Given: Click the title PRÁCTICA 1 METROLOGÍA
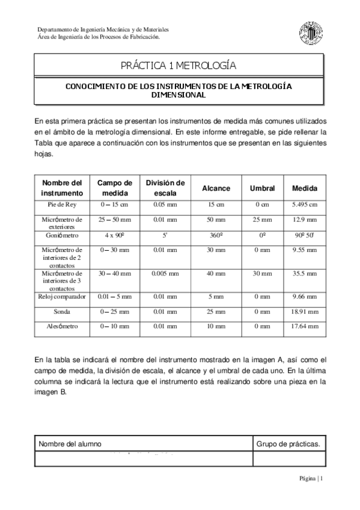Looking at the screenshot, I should [179, 65].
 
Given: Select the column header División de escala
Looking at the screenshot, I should [165, 188].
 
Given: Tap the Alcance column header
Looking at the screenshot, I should [216, 188].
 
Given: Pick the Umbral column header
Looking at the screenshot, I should [262, 188].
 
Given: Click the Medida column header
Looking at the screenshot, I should [305, 188].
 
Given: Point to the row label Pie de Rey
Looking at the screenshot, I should [63, 204].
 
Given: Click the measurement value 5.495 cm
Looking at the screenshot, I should [305, 204].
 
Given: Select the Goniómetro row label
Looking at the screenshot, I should [63, 236].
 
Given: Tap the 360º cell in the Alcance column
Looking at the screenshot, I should [216, 236].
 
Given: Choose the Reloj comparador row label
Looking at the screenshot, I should [63, 296].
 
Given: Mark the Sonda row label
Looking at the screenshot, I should [63, 312].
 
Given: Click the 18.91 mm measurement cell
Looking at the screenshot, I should [305, 312].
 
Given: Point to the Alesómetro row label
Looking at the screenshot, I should [63, 327].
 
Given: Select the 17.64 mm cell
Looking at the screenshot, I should [305, 327].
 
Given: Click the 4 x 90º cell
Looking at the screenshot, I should [114, 236].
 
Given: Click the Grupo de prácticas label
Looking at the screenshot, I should [287, 444].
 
